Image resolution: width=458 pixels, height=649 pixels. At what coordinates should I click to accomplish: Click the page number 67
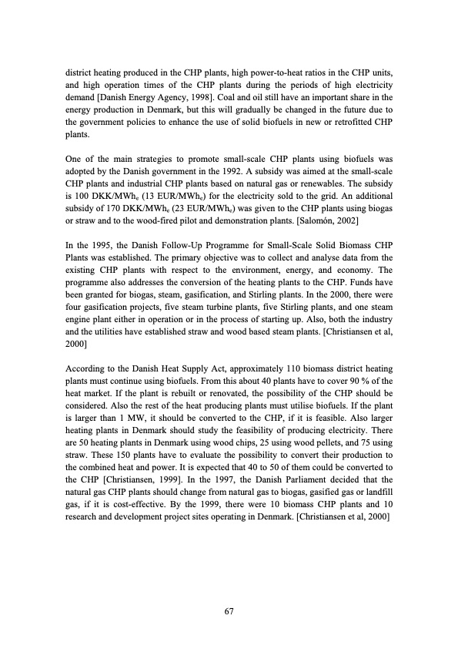229,610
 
